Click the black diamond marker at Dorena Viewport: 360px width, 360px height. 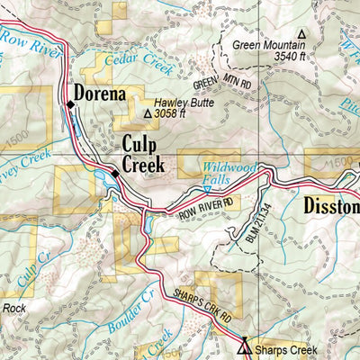70,105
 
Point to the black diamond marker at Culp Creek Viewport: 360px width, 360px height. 115,172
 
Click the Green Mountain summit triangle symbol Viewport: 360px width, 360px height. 301,34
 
